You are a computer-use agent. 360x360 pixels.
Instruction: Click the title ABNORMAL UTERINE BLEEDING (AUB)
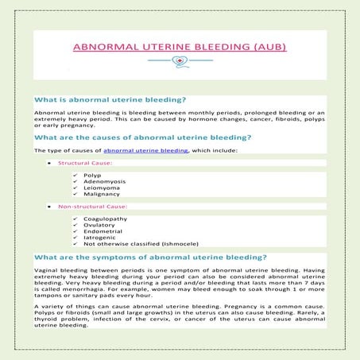[x=180, y=47]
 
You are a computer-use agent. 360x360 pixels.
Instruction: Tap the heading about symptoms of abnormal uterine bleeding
[x=151, y=257]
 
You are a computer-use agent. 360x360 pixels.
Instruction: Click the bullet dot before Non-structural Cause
[x=49, y=207]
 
